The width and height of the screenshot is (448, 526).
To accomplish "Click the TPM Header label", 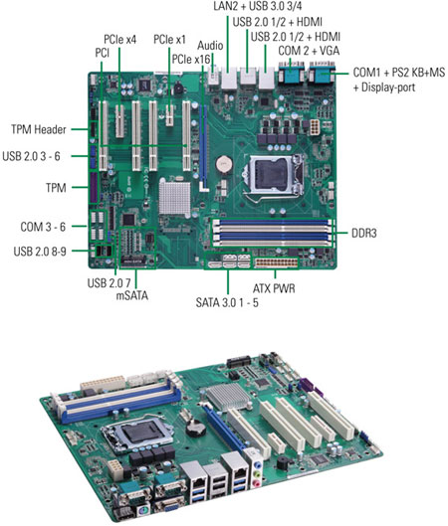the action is (39, 129).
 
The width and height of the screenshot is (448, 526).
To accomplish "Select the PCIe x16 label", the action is (191, 60).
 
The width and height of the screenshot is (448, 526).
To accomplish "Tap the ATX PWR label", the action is (274, 288).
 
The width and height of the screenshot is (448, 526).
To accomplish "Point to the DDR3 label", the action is (364, 233).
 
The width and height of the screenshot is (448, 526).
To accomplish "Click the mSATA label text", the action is (131, 295).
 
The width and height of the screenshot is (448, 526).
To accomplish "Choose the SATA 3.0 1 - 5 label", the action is (227, 302).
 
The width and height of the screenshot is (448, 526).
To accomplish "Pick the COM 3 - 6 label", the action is (43, 227).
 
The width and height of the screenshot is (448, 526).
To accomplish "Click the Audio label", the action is (210, 46).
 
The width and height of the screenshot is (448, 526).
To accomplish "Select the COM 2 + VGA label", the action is (309, 51).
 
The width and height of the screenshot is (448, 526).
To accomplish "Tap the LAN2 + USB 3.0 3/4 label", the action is (258, 6).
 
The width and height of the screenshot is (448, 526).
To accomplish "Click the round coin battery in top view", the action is (224, 164).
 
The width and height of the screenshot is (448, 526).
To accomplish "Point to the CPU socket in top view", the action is (274, 174).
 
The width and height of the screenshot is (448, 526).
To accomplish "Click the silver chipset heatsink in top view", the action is (174, 196).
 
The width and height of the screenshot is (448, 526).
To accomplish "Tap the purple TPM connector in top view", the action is (94, 188).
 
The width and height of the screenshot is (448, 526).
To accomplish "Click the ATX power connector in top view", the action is (277, 263).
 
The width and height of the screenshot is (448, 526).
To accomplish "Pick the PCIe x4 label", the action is (119, 40).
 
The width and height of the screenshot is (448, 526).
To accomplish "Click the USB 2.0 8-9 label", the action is (40, 252).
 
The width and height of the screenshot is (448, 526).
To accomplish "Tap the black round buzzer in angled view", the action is (285, 463).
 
